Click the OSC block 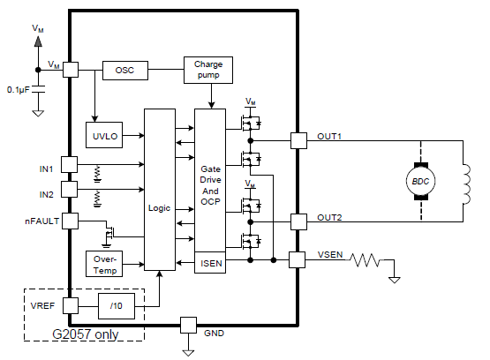tap(125, 71)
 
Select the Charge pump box tap(208, 70)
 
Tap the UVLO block tap(104, 135)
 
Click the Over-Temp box tap(104, 264)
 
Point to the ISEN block tap(210, 263)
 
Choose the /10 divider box tap(117, 306)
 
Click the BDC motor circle tap(420, 181)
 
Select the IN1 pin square tap(69, 164)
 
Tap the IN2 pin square tap(69, 189)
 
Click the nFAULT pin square tap(70, 221)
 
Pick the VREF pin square tap(71, 305)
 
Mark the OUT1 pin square tap(298, 141)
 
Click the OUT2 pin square tap(298, 221)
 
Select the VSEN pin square tap(297, 259)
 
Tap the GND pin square tap(188, 325)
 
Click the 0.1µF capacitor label tap(19, 90)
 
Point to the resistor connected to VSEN tap(365, 259)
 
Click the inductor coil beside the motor tap(466, 184)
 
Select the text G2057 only tap(86, 334)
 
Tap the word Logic tap(160, 208)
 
